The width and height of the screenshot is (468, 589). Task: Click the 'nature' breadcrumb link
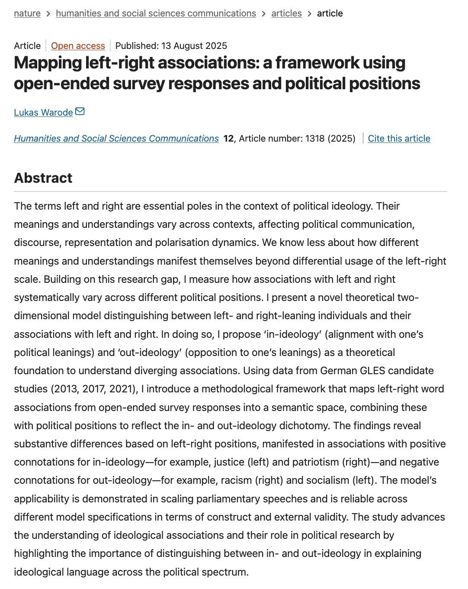click(27, 13)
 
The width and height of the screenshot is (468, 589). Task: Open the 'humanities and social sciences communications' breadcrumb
click(156, 13)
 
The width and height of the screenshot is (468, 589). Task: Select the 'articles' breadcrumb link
click(286, 13)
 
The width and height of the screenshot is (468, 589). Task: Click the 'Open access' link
click(78, 46)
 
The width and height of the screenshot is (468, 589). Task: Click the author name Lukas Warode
click(43, 113)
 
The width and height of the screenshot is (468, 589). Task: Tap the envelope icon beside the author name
click(80, 112)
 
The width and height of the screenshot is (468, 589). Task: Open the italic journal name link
click(116, 139)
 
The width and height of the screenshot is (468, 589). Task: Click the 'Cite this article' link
click(399, 139)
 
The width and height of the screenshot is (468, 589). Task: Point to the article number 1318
click(315, 139)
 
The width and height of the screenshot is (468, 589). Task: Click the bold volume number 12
click(228, 139)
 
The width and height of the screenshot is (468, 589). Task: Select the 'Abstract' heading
click(43, 178)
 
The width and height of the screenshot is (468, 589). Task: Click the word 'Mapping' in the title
click(48, 63)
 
